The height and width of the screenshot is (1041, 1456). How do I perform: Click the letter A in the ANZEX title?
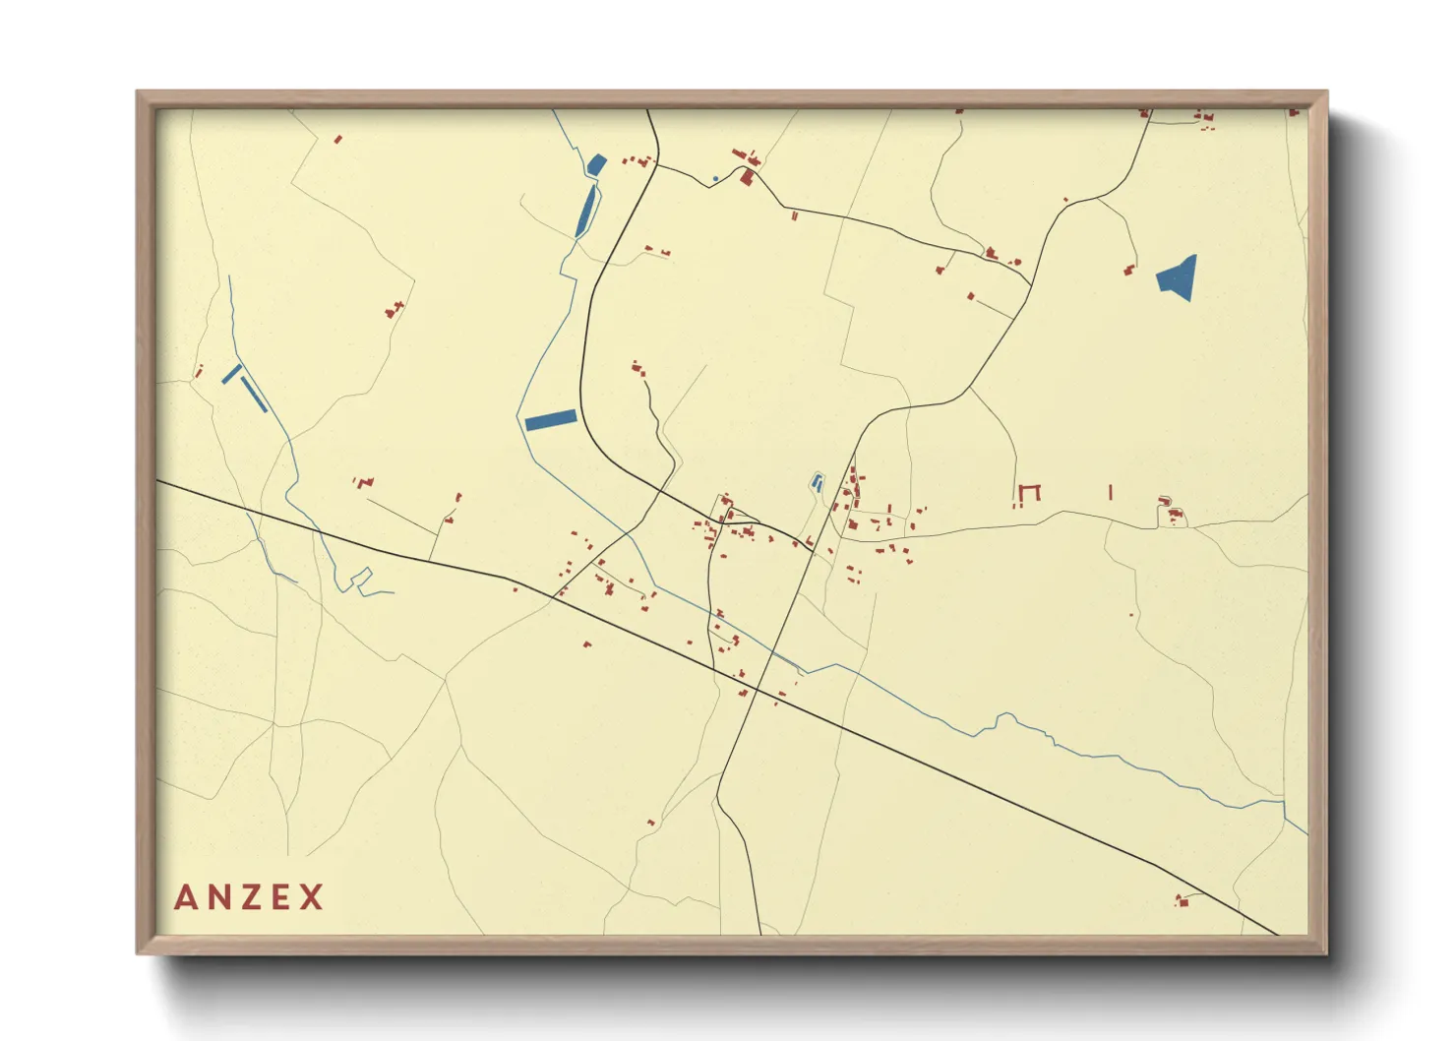click(186, 897)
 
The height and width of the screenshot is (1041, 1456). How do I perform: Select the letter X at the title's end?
click(312, 897)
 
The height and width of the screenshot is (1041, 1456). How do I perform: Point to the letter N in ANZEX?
click(217, 897)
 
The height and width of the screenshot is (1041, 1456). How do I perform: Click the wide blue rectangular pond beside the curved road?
click(550, 420)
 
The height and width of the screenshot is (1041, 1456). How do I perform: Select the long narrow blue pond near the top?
click(586, 211)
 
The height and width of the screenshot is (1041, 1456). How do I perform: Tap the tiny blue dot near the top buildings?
click(715, 179)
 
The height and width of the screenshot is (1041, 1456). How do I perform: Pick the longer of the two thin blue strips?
click(254, 394)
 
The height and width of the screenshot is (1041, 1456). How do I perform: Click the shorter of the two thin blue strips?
click(232, 374)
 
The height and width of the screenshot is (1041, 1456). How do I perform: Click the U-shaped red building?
click(1029, 491)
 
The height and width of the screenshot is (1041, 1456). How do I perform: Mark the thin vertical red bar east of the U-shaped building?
click(1111, 492)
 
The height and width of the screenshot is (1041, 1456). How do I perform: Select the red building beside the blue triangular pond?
click(1129, 270)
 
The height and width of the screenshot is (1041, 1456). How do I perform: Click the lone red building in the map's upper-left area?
click(337, 140)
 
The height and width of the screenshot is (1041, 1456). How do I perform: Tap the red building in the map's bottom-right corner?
click(1182, 899)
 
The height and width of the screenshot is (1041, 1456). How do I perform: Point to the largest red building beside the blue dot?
click(748, 177)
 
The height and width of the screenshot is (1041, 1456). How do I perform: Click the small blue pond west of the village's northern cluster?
click(816, 482)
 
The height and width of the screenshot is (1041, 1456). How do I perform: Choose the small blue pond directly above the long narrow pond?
click(596, 164)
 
